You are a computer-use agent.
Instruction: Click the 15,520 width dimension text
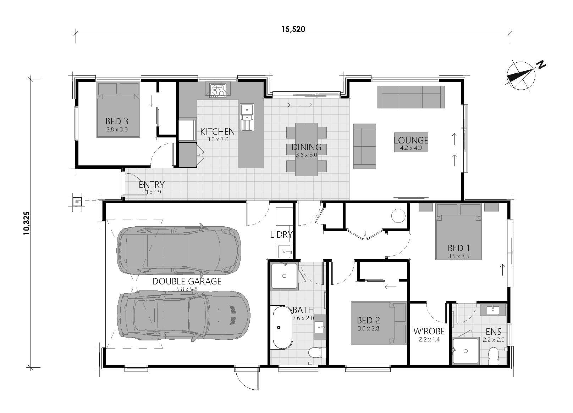(x=293, y=29)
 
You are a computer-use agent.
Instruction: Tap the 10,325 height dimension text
(x=26, y=223)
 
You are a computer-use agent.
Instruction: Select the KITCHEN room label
(x=217, y=131)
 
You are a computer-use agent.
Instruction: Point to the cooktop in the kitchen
(x=218, y=90)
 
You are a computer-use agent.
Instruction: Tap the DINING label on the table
(x=307, y=147)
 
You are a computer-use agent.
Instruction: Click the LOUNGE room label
(x=411, y=140)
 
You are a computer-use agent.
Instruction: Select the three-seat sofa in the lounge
(x=411, y=97)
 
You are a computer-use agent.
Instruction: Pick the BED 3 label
(x=117, y=121)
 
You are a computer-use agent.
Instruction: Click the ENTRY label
(x=151, y=185)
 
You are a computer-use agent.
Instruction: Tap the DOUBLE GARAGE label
(x=187, y=282)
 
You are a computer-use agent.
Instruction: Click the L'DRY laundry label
(x=281, y=234)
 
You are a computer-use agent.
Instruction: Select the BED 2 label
(x=368, y=320)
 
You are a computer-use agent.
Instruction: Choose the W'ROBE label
(x=429, y=331)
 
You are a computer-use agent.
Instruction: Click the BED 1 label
(x=459, y=248)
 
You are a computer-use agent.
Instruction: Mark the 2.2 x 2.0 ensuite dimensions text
(x=494, y=340)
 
